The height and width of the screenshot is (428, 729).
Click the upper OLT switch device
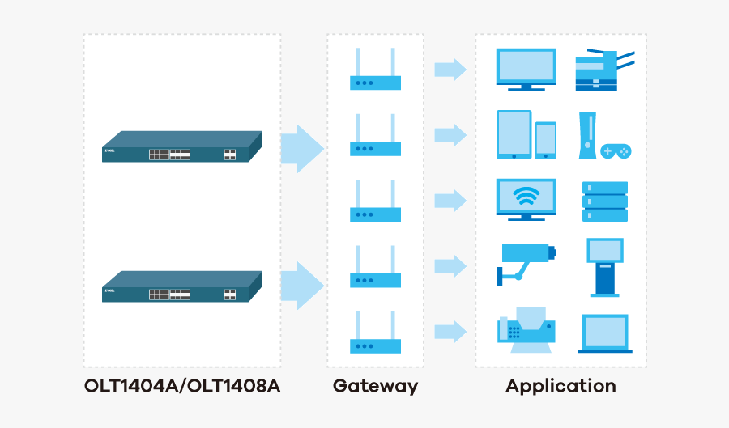coord(182,146)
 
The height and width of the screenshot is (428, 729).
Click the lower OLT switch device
coord(182,287)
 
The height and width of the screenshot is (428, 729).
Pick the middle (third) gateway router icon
coord(375,201)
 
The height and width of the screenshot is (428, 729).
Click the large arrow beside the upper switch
coord(301,149)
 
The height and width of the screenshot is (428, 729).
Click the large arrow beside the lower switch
coord(301,286)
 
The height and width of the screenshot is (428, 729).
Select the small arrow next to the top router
coord(450,70)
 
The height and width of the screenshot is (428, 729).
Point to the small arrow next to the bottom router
coord(450,332)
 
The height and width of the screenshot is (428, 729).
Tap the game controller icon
coord(615,150)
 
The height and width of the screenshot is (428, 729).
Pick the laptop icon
coord(605,333)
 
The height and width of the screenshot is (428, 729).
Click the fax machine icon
coord(526,330)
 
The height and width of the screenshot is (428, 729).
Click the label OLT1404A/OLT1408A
coord(182,386)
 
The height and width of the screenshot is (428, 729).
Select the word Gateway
coord(375,386)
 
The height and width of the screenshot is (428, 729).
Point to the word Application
coord(561,386)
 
